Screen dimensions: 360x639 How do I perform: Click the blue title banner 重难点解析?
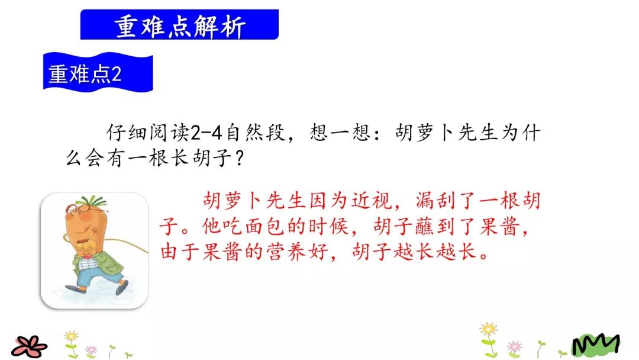[x=179, y=25]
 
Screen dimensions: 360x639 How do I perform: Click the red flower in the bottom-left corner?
[x=30, y=346]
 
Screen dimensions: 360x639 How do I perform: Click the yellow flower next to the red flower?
[x=71, y=337]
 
